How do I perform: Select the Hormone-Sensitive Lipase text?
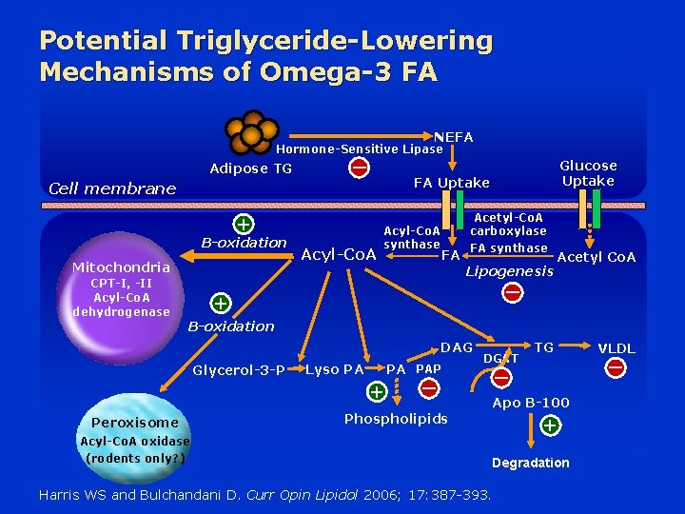pos(359,149)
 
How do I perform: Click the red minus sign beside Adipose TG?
pos(360,168)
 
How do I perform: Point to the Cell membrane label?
pos(111,188)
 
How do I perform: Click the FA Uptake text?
pos(451,183)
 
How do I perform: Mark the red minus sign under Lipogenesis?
pos(512,293)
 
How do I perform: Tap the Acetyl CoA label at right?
pos(597,257)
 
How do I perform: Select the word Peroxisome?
pos(134,422)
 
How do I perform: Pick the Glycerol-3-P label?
pos(238,370)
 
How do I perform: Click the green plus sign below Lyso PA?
pos(377,391)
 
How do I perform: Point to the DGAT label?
pos(500,357)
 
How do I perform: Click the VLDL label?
pos(616,348)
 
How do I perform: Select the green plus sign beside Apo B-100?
pos(549,426)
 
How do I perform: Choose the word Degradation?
pos(530,463)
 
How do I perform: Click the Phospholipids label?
pos(395,419)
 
